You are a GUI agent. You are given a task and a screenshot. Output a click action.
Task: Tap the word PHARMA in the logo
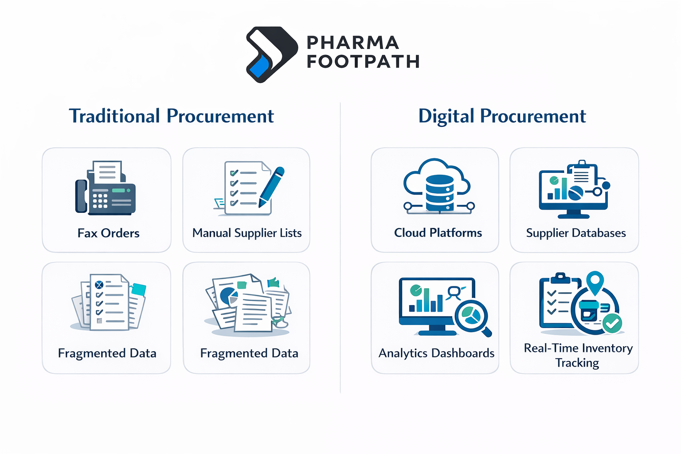coord(353,43)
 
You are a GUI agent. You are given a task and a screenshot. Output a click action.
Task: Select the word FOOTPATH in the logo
coord(363,62)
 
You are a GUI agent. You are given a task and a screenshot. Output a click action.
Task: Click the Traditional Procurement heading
coord(171,116)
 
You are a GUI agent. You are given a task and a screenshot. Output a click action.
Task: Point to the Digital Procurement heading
coord(502,116)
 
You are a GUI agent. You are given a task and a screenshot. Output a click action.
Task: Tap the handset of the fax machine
coord(81,196)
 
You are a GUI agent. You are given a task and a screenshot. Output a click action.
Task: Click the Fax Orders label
coord(108,233)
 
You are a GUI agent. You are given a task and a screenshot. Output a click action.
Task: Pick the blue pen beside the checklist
coord(271,187)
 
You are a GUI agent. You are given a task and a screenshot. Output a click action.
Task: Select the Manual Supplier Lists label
coord(247,233)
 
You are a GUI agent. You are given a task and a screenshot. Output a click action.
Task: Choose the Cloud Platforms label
coord(438,233)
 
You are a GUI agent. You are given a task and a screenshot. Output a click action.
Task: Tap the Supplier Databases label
coord(576,233)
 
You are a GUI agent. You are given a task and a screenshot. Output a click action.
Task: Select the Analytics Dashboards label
coord(436,353)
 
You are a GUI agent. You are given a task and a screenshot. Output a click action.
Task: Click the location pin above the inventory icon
coord(595,282)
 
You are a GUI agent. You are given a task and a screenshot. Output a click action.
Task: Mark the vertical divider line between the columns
coord(340,248)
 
